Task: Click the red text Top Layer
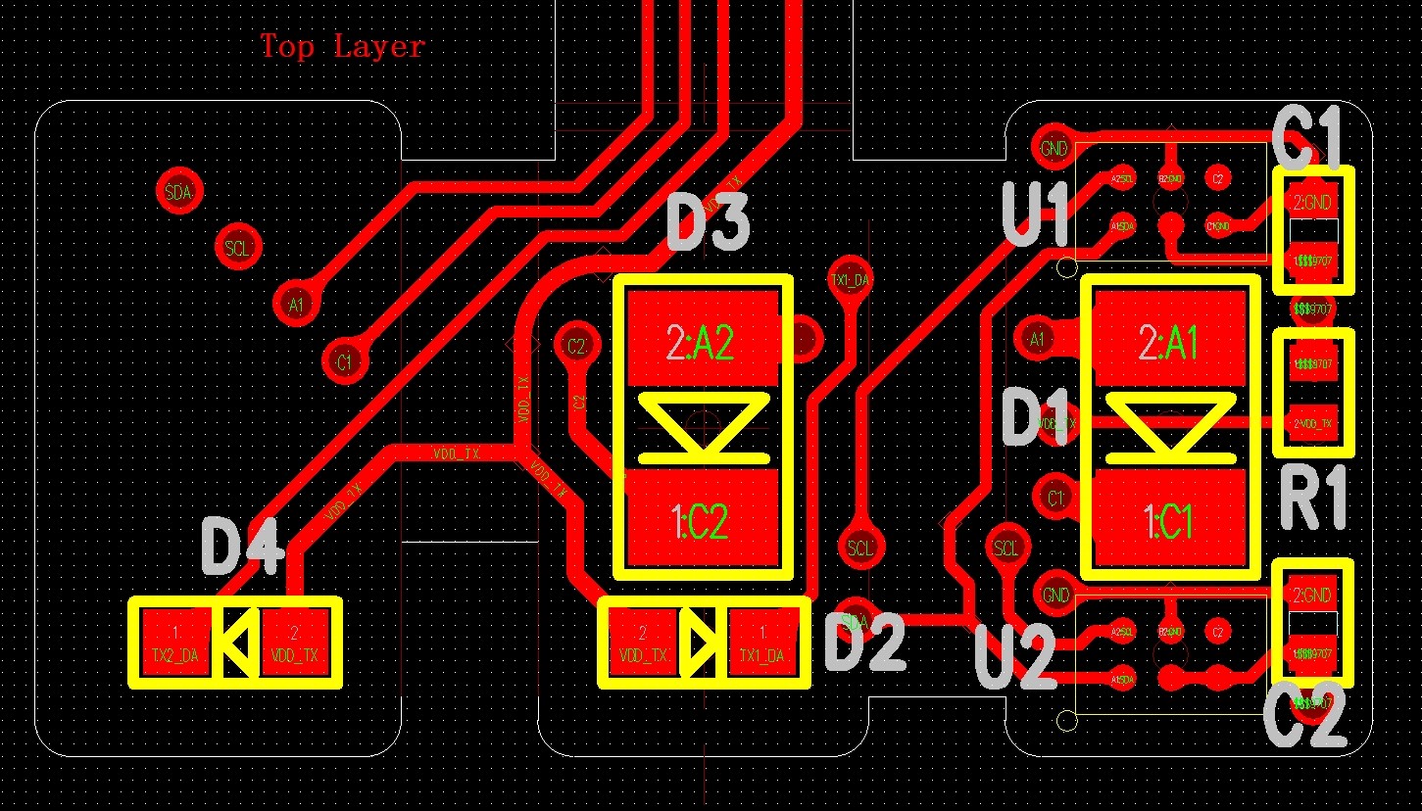342,46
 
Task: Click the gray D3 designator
708,222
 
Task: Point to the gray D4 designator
242,548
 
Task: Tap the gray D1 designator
1037,418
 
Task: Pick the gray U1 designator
1036,215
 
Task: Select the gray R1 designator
1314,499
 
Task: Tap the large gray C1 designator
1307,139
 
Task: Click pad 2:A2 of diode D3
703,341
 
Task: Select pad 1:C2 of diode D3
703,520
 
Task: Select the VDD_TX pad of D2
643,643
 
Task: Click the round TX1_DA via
849,280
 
